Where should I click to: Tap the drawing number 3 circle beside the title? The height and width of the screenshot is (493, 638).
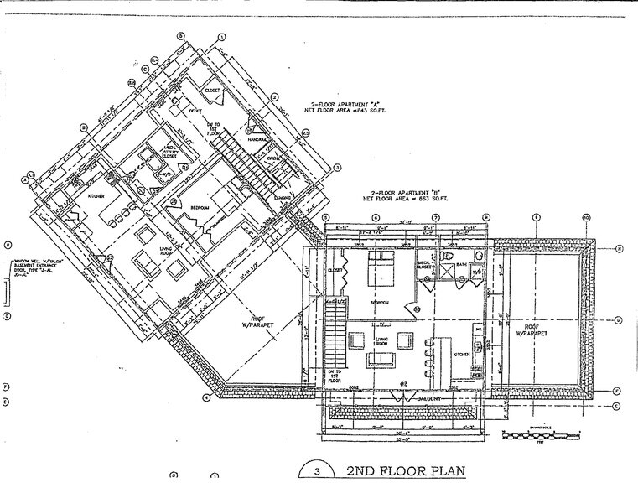318,471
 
